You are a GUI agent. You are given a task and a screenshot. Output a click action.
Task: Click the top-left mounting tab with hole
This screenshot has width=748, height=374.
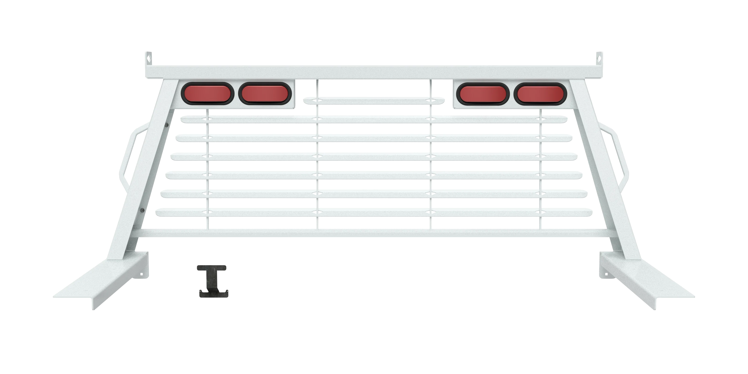149,58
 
